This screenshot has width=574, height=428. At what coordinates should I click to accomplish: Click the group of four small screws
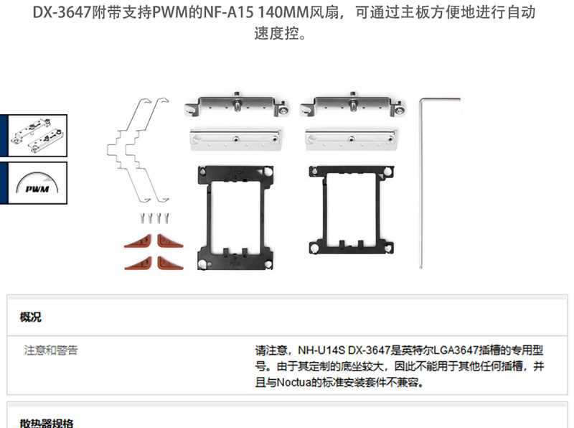tap(154, 216)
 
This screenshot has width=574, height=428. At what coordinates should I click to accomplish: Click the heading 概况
tap(31, 317)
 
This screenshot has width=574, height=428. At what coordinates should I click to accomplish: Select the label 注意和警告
tap(51, 350)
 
